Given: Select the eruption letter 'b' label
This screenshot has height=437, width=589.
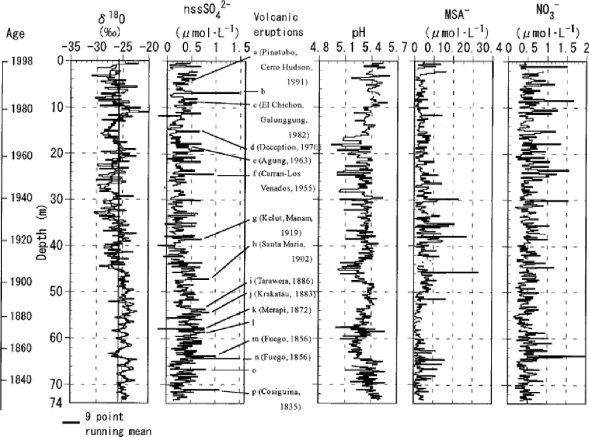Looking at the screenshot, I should [x=264, y=91].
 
